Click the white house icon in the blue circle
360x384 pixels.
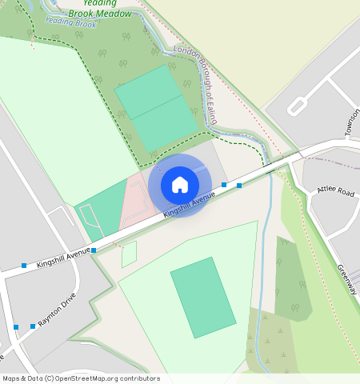[180, 185]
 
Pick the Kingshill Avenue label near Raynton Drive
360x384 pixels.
[58, 259]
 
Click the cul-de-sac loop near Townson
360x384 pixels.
[295, 106]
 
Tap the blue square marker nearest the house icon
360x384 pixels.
[224, 185]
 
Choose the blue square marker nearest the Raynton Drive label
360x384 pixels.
[33, 326]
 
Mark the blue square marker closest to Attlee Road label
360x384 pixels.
[238, 186]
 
